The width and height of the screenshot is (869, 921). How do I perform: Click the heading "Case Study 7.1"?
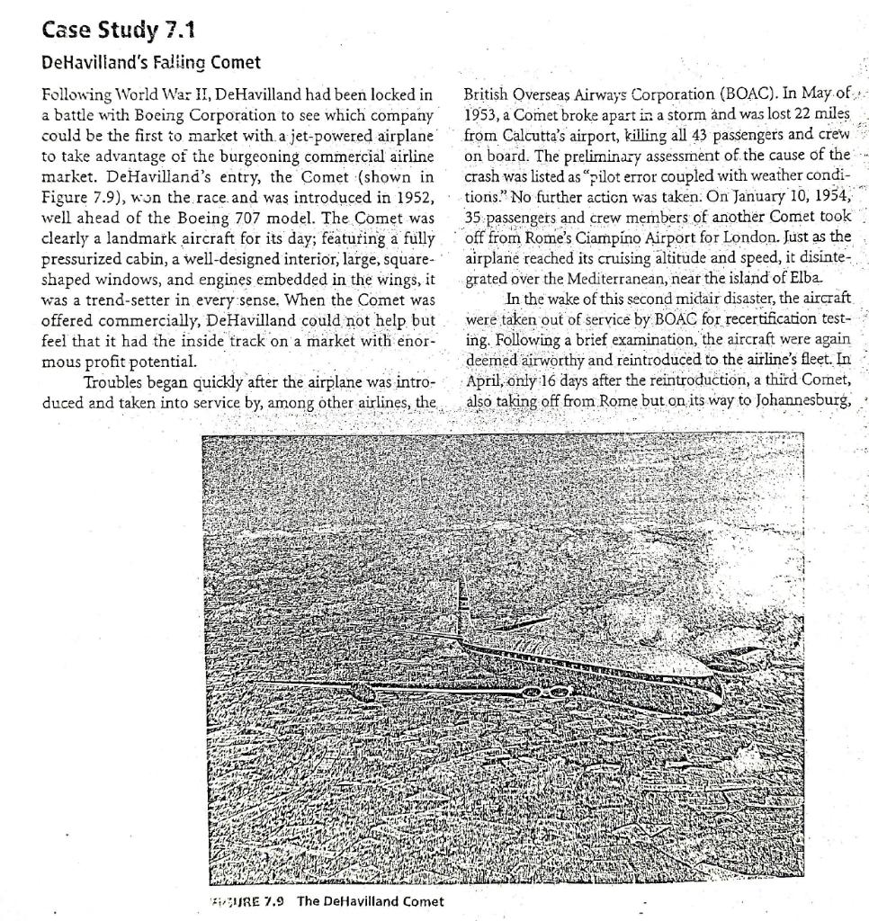(x=118, y=32)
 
